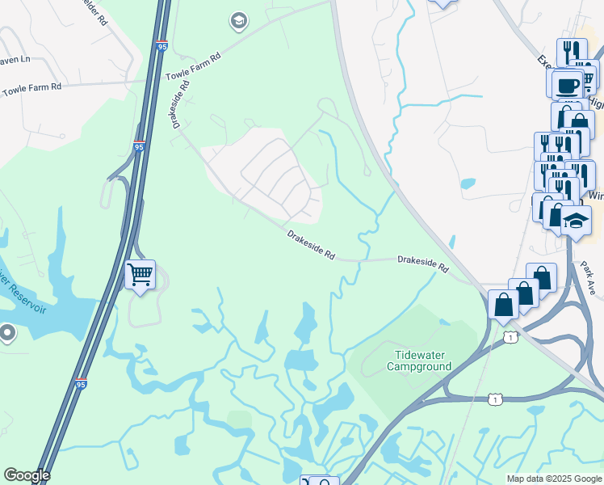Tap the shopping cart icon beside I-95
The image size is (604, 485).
click(x=141, y=275)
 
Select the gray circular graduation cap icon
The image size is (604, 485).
click(x=238, y=20)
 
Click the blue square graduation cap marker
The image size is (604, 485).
click(x=576, y=220)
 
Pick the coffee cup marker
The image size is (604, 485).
click(x=568, y=84)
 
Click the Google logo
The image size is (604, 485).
click(x=27, y=475)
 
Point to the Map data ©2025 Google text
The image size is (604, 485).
click(x=554, y=479)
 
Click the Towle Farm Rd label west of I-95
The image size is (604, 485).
click(x=31, y=86)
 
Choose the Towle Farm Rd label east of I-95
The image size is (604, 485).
click(x=193, y=66)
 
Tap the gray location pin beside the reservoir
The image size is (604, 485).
click(x=8, y=332)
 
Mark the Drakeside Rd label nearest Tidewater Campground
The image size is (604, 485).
click(x=422, y=263)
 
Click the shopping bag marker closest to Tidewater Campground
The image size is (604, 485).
click(x=504, y=306)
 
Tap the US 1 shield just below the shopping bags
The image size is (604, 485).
click(x=510, y=336)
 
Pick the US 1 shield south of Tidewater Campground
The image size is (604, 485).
click(x=494, y=399)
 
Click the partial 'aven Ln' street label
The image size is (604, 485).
click(x=15, y=59)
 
